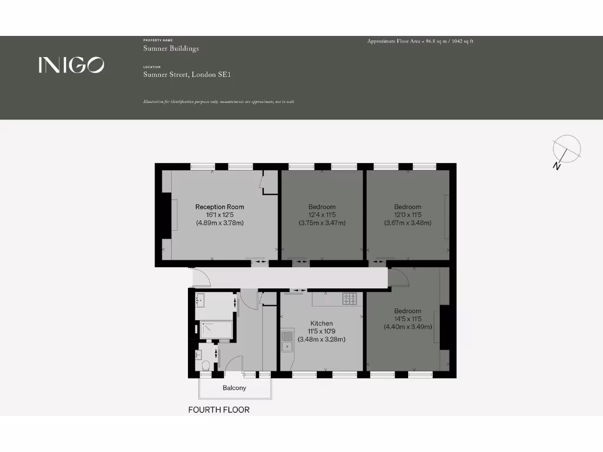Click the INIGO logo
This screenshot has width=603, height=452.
pyautogui.click(x=71, y=65)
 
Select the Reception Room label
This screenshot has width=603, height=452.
pyautogui.click(x=220, y=207)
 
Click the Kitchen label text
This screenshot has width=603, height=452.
pyautogui.click(x=322, y=323)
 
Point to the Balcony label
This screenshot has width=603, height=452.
pyautogui.click(x=234, y=388)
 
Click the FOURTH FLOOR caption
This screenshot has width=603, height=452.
pyautogui.click(x=218, y=410)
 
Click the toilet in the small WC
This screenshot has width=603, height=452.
pyautogui.click(x=205, y=367)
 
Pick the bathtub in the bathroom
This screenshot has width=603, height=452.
pyautogui.click(x=216, y=330)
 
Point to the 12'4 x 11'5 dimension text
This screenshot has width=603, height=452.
pyautogui.click(x=322, y=215)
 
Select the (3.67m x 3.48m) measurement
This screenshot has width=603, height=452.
pyautogui.click(x=407, y=223)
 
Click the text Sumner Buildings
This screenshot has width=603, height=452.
pyautogui.click(x=171, y=48)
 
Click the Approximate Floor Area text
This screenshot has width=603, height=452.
pyautogui.click(x=420, y=41)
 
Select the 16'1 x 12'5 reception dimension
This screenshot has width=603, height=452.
pyautogui.click(x=220, y=215)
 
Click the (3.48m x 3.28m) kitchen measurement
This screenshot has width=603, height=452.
pyautogui.click(x=322, y=339)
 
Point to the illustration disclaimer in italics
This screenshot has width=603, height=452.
pyautogui.click(x=218, y=102)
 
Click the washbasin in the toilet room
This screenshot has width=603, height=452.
pyautogui.click(x=198, y=354)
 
